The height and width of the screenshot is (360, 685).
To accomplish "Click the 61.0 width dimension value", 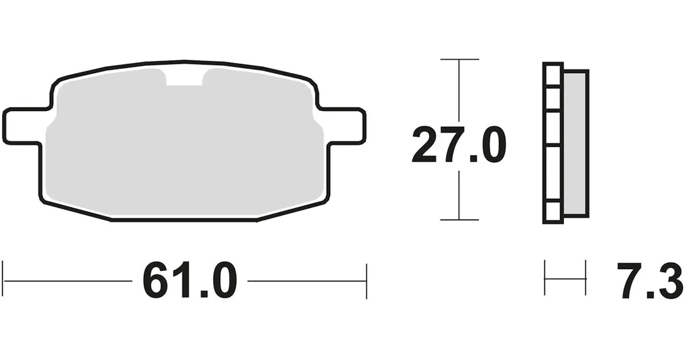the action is (190, 281).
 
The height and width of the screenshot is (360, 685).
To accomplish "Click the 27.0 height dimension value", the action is (459, 144).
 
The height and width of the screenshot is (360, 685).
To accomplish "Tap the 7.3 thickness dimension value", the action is (650, 281).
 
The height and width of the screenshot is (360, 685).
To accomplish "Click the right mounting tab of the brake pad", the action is (344, 125).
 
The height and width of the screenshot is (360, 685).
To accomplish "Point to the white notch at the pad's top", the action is (184, 78).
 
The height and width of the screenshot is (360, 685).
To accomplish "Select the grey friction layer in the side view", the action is (575, 142).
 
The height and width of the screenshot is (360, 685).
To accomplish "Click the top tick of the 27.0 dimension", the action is (460, 59).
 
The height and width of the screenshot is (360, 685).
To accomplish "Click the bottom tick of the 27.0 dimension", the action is (460, 220).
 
